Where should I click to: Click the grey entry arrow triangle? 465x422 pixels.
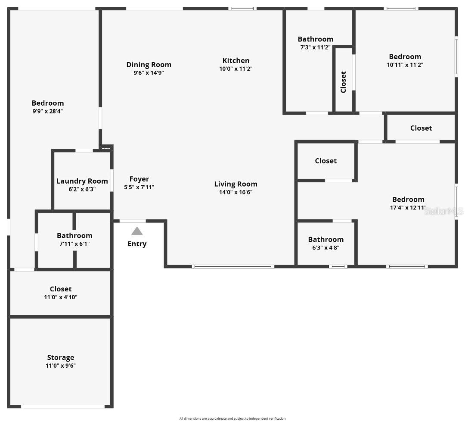[137, 231]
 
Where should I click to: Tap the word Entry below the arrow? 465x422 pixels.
[137, 244]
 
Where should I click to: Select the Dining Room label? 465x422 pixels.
[149, 65]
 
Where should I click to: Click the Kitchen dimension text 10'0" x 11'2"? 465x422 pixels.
[236, 69]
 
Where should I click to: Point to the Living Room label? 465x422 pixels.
[236, 184]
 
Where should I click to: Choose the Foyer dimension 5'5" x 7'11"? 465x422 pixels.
[139, 187]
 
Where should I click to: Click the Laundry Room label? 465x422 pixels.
[82, 181]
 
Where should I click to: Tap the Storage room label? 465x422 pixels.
[60, 357]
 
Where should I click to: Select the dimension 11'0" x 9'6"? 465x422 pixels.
[60, 366]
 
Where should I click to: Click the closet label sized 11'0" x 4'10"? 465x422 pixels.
[60, 289]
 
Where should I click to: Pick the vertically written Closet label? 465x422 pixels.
[343, 82]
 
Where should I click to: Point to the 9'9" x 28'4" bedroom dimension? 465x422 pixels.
[47, 111]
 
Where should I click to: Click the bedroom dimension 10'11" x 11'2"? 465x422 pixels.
[405, 65]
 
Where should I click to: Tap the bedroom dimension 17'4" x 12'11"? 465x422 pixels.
[408, 207]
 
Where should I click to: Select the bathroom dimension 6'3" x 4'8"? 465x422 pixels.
[325, 247]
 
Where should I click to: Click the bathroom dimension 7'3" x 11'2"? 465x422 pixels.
[315, 47]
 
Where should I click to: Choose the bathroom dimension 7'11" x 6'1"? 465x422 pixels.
[74, 244]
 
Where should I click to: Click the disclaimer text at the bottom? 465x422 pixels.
[232, 419]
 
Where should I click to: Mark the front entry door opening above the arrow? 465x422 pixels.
[133, 221]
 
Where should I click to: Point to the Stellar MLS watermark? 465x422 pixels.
[443, 211]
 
